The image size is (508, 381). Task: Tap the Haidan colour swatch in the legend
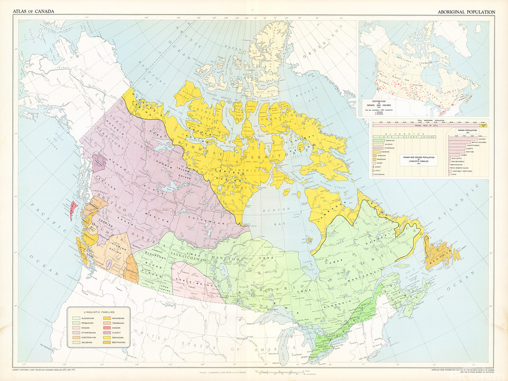click(x=107, y=328)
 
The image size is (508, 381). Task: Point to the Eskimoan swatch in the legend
click(x=107, y=338)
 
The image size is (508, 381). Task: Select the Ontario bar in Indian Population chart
click(x=463, y=139)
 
